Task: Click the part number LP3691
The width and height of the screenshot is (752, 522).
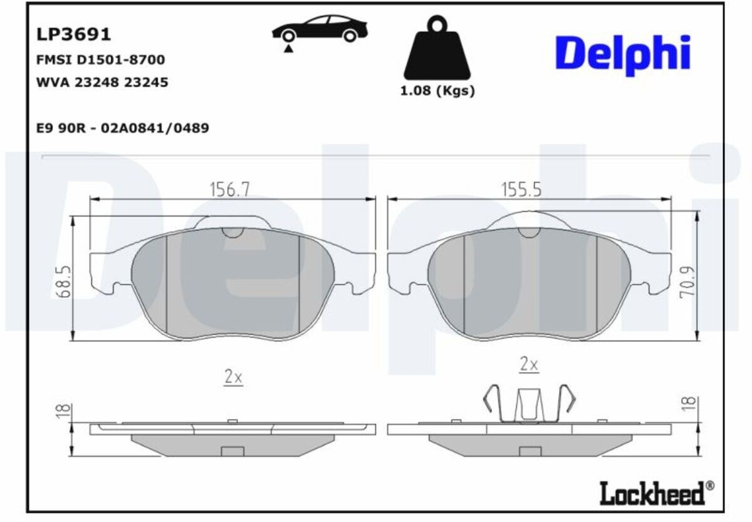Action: click(73, 34)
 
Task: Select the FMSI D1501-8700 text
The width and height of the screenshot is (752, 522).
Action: click(101, 59)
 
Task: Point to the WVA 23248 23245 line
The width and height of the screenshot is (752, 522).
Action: click(102, 82)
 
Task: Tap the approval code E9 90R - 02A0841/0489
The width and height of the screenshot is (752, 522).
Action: click(123, 128)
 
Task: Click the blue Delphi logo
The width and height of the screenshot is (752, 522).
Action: click(623, 54)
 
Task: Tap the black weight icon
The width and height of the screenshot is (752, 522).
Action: click(437, 48)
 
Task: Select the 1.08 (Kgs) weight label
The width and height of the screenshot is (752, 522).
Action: click(437, 91)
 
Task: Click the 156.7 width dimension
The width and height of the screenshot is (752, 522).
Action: click(230, 190)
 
